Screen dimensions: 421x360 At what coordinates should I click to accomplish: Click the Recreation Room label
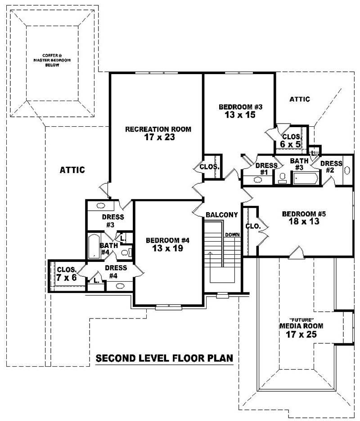pos(158,129)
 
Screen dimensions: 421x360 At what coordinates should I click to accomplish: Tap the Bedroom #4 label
pos(167,240)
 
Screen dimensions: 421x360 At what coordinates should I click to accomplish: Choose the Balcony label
pos(221,215)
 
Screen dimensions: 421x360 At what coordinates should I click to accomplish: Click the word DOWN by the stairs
pos(233,235)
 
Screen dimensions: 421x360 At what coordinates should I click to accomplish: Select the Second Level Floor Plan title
pos(164,358)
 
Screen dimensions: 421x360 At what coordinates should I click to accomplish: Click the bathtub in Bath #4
pos(93,246)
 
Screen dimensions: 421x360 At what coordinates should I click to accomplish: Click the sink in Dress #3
pos(101,206)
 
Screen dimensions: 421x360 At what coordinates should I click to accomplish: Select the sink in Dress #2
pos(347,170)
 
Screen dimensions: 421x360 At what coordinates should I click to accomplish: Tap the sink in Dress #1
pos(258,180)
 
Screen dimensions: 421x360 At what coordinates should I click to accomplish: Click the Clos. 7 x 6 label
pos(67,274)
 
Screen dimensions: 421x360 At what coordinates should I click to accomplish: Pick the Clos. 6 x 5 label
pos(291,141)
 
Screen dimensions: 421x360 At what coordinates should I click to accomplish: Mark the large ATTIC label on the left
pos(72,170)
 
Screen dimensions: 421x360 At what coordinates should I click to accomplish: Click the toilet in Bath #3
pos(282,178)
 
